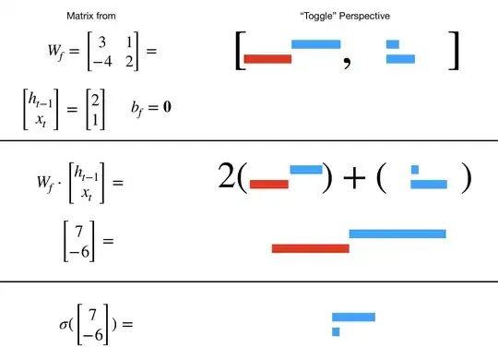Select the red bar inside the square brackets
coord(267,59)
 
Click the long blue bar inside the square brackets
coord(315,43)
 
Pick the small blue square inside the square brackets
coord(392,43)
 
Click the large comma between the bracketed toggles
coord(348,64)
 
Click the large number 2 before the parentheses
coord(227,176)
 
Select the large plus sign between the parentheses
coord(352,176)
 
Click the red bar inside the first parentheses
coord(268,184)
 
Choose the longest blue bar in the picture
coord(397,234)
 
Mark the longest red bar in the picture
coord(310,247)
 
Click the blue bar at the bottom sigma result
coord(353,317)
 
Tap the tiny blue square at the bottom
coord(336,330)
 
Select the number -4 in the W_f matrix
coord(89,63)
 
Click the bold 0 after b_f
coord(168,107)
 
